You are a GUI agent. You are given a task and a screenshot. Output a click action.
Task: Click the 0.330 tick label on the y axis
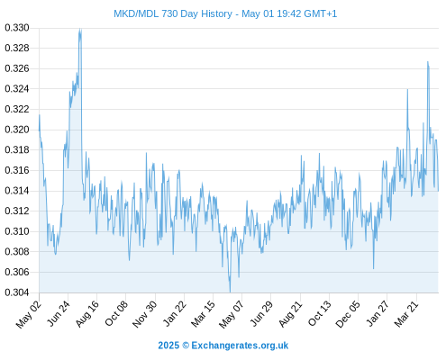pyautogui.click(x=17, y=28)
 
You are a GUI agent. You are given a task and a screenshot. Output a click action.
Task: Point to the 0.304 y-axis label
pyautogui.click(x=17, y=292)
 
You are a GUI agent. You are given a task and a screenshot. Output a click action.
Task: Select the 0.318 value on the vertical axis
pyautogui.click(x=17, y=149)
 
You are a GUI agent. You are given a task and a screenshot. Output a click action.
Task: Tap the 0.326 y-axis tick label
pyautogui.click(x=17, y=68)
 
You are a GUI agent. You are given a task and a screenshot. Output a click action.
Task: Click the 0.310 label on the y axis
pyautogui.click(x=17, y=231)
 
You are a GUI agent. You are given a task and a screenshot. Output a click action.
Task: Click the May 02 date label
pyautogui.click(x=28, y=314)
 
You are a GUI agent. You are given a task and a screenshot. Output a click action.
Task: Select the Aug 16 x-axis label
pyautogui.click(x=86, y=313)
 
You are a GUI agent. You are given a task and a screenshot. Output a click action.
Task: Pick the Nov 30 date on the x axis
pyautogui.click(x=145, y=314)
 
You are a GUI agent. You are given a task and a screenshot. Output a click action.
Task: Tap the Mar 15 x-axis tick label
pyautogui.click(x=204, y=314)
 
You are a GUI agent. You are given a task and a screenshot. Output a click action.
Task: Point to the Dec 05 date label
pyautogui.click(x=348, y=314)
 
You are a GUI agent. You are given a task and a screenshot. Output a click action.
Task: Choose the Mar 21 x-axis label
pyautogui.click(x=406, y=314)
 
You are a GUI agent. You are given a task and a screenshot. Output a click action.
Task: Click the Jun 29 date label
pyautogui.click(x=261, y=313)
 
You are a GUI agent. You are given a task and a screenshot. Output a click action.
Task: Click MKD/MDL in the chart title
pyautogui.click(x=136, y=13)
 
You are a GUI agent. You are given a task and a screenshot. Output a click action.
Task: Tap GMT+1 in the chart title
pyautogui.click(x=321, y=13)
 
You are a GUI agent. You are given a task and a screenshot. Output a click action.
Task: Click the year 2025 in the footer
pyautogui.click(x=168, y=346)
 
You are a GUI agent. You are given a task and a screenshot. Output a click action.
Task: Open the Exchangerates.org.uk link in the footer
pyautogui.click(x=240, y=346)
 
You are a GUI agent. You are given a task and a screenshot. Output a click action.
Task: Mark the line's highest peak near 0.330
pyautogui.click(x=80, y=29)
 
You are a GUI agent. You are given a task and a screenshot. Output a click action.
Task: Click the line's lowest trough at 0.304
pyautogui.click(x=230, y=292)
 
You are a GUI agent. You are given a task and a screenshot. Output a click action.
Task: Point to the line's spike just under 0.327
pyautogui.click(x=428, y=62)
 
